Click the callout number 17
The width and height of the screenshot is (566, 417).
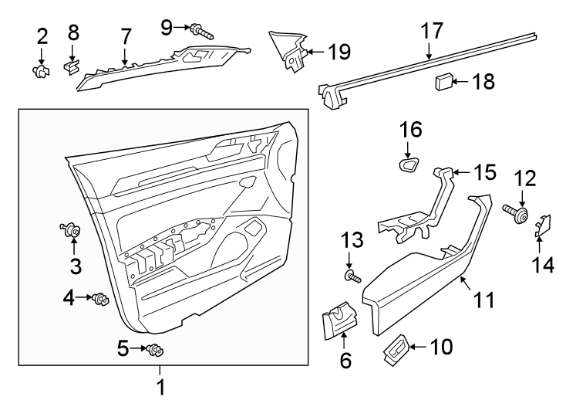[x=432, y=31]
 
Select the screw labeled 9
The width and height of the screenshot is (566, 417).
[x=203, y=31]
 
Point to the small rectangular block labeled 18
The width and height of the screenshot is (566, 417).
[x=445, y=80]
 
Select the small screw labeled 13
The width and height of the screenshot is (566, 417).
[x=353, y=275]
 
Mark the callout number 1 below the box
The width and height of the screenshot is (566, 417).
[x=161, y=386]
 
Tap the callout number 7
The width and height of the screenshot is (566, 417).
[x=126, y=36]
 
